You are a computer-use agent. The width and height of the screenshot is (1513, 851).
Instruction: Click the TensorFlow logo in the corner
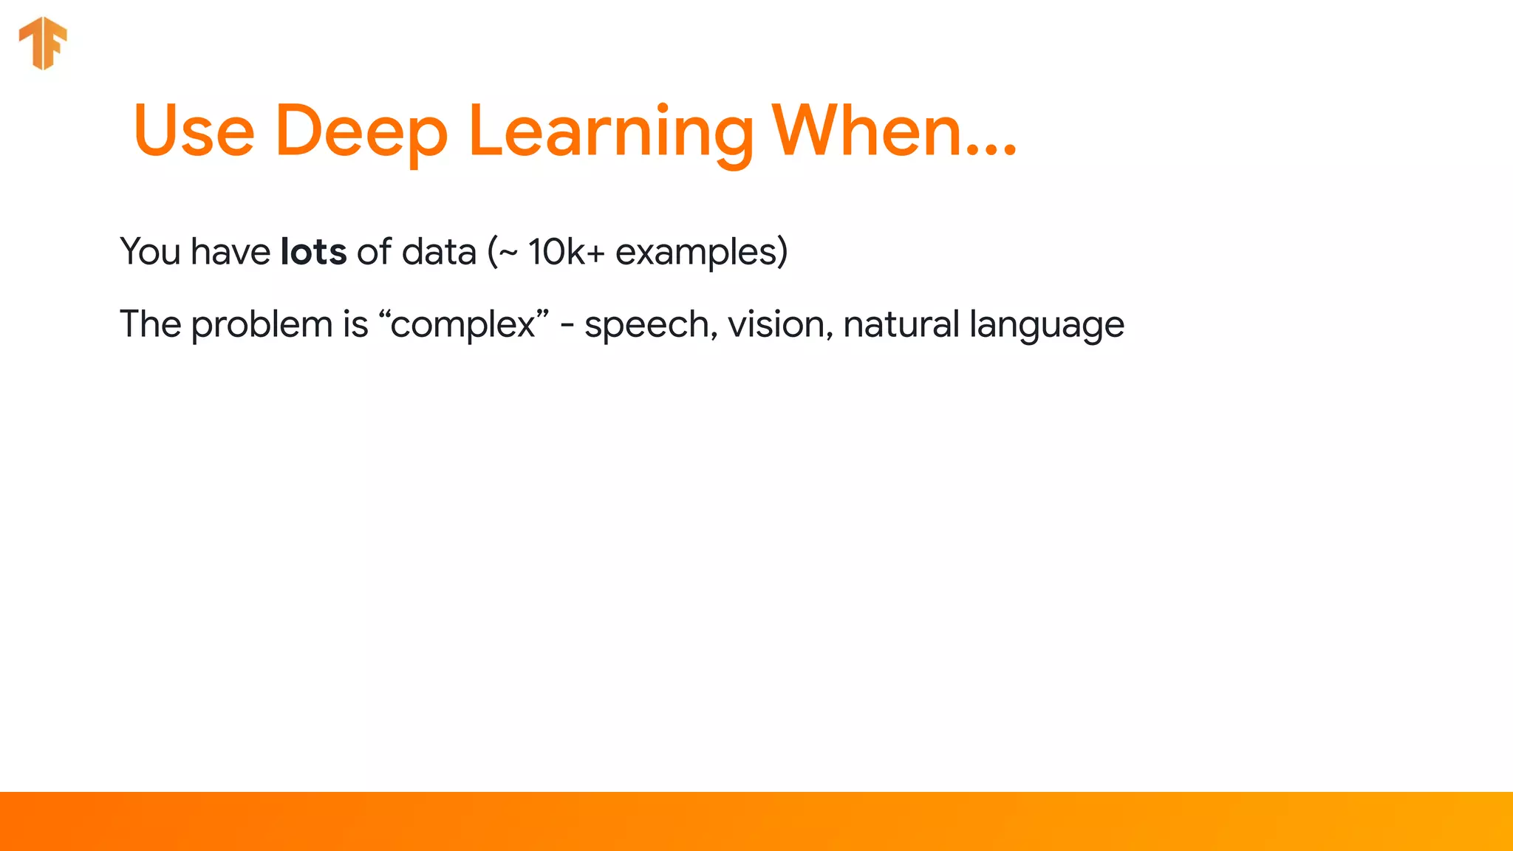[43, 43]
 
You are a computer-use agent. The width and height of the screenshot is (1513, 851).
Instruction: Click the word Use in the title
[194, 131]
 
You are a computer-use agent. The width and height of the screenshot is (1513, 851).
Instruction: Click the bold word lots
[313, 252]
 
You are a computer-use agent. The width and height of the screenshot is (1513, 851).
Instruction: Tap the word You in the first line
[150, 252]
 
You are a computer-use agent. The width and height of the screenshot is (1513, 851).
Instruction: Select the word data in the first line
[439, 252]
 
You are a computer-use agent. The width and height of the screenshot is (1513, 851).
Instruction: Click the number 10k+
[566, 252]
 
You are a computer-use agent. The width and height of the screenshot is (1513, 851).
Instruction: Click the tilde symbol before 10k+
[508, 253]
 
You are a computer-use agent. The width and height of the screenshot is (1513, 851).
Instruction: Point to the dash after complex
[567, 326]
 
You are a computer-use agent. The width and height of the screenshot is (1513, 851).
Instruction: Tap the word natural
[901, 324]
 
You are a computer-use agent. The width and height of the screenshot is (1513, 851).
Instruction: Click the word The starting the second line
[150, 324]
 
